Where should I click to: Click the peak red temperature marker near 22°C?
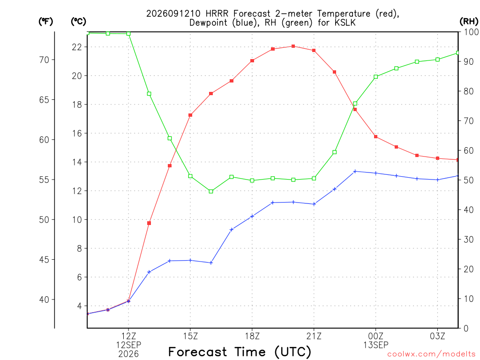(x=293, y=46)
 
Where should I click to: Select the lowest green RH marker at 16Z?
(x=211, y=191)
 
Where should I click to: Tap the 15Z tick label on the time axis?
(x=190, y=336)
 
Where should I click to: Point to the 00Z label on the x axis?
(x=375, y=336)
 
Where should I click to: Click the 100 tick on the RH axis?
(x=471, y=32)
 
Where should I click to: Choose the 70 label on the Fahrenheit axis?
(x=45, y=60)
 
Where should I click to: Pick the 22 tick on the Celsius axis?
(x=77, y=47)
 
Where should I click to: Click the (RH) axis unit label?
(x=469, y=22)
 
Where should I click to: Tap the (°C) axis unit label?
(x=78, y=22)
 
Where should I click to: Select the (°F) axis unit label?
(x=45, y=22)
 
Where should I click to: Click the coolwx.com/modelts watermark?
(x=431, y=354)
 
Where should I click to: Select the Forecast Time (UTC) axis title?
(x=240, y=352)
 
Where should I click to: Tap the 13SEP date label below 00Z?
(x=375, y=345)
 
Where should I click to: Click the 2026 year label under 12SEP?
(x=128, y=354)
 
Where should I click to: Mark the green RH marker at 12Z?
(x=128, y=34)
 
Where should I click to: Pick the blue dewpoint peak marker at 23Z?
(x=355, y=172)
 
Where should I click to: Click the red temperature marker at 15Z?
(x=190, y=115)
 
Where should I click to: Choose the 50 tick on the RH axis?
(x=468, y=180)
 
